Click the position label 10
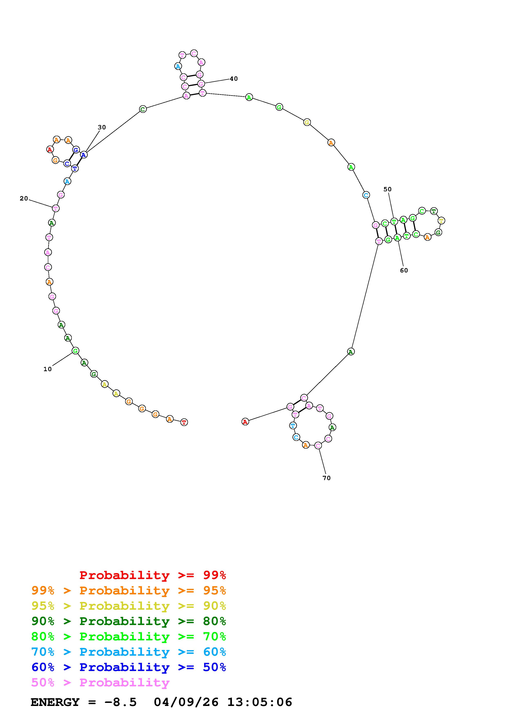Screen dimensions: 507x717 pyautogui.click(x=47, y=369)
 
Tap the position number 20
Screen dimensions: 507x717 pyautogui.click(x=24, y=199)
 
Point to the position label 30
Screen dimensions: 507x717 pyautogui.click(x=102, y=127)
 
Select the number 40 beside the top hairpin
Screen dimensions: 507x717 pyautogui.click(x=234, y=79)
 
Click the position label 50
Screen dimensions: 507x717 pyautogui.click(x=387, y=189)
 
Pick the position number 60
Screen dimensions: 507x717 pyautogui.click(x=404, y=270)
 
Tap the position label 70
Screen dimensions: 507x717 pyautogui.click(x=326, y=478)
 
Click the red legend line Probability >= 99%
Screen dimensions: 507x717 pyautogui.click(x=153, y=575)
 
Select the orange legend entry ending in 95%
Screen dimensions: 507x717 pyautogui.click(x=129, y=590)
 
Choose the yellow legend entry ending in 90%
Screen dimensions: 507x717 pyautogui.click(x=129, y=606)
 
